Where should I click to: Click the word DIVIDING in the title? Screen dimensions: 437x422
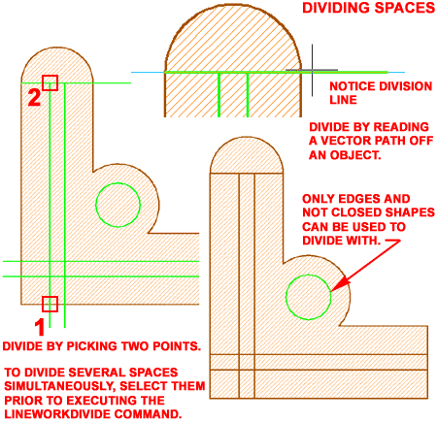tap(336, 8)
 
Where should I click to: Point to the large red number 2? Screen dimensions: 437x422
tap(34, 97)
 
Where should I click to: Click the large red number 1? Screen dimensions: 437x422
tap(40, 327)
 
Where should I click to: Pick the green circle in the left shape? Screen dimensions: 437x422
tap(96, 205)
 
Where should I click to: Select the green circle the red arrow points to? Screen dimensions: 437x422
tap(286, 297)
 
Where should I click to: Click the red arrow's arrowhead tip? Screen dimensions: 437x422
tap(331, 291)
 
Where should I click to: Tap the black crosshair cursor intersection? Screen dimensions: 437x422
tap(312, 70)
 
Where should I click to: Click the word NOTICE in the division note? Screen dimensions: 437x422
tap(353, 86)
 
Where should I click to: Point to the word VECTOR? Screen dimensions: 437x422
tap(349, 141)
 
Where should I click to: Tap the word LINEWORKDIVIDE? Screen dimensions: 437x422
tap(57, 414)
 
